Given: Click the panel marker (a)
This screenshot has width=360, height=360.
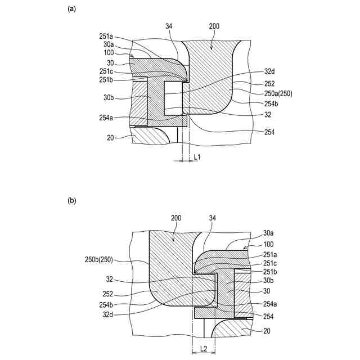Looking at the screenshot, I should [71, 8].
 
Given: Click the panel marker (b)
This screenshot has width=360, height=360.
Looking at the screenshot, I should [71, 200].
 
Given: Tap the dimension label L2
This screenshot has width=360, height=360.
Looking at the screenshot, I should [203, 349].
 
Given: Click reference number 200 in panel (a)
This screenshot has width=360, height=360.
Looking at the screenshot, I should [215, 26].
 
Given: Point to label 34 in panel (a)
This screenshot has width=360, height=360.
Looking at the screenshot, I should [169, 26].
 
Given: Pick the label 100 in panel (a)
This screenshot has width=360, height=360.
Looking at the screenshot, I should [109, 52].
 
